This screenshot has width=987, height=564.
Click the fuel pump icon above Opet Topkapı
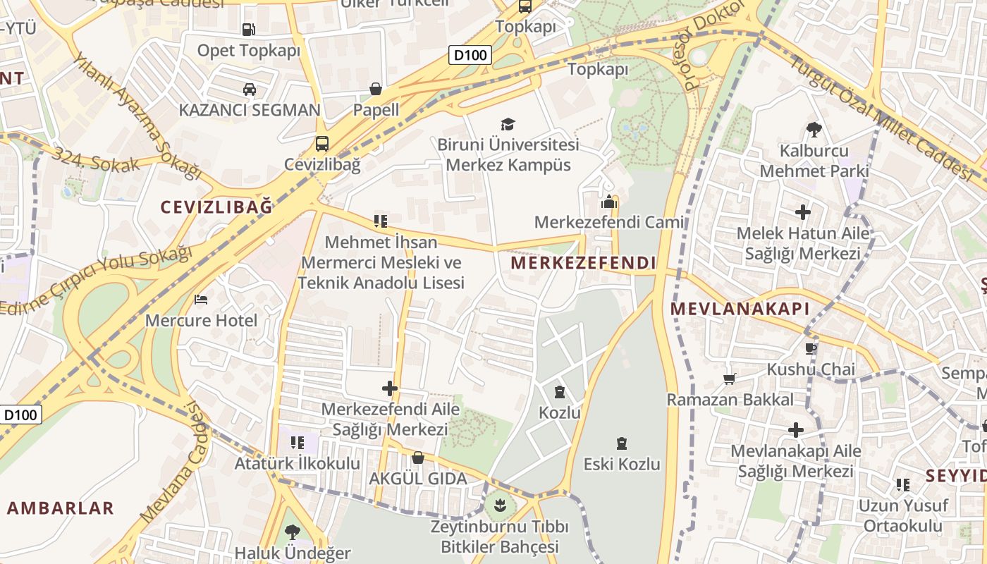tap(248, 30)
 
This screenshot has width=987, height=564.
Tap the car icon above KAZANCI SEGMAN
tap(249, 90)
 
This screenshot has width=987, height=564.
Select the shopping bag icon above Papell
tap(376, 90)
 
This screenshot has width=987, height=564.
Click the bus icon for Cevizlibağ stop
tap(322, 144)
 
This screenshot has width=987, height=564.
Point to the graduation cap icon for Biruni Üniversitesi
tap(508, 125)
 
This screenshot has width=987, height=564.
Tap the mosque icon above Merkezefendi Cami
tap(609, 202)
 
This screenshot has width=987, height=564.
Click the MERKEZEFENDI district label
tap(583, 264)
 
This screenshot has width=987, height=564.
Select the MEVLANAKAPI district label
tap(740, 309)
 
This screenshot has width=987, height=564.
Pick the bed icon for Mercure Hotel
tap(201, 300)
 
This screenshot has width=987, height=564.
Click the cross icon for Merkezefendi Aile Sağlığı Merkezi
tap(389, 388)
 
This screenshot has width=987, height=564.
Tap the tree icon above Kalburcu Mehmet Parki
tap(814, 130)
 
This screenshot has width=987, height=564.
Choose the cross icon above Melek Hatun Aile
tap(802, 211)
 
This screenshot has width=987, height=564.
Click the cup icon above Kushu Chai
tap(811, 348)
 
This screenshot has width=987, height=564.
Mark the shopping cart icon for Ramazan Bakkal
tap(730, 379)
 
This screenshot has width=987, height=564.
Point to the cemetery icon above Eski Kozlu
tap(621, 443)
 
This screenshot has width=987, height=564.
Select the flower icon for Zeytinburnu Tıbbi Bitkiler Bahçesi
tap(500, 505)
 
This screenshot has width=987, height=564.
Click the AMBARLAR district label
tap(61, 508)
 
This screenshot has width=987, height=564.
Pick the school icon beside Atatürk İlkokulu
tap(298, 443)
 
